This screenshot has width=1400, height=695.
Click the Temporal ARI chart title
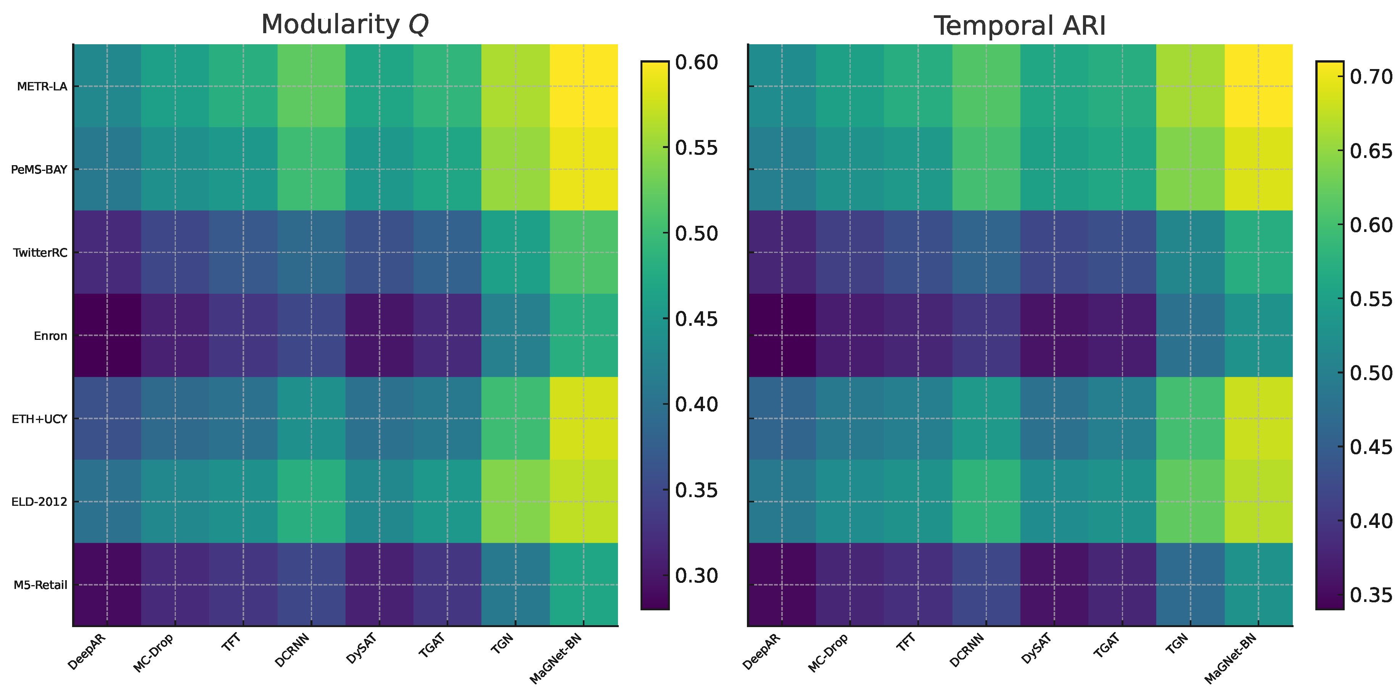tap(1020, 26)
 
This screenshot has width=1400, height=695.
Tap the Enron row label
tap(50, 336)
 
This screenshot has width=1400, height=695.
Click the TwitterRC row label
tap(40, 253)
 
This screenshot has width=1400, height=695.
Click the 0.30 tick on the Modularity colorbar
tap(696, 576)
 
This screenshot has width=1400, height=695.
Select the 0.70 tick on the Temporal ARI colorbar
tap(1371, 77)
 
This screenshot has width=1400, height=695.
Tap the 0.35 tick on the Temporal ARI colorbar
tap(1371, 595)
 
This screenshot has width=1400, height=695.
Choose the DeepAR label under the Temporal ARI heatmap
tap(761, 652)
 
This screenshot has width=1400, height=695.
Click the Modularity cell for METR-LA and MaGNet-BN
tap(584, 86)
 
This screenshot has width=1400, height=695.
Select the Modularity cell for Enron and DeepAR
tap(107, 335)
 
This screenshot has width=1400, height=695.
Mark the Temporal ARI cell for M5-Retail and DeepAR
tap(782, 585)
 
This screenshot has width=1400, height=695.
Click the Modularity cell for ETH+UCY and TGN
tap(516, 418)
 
